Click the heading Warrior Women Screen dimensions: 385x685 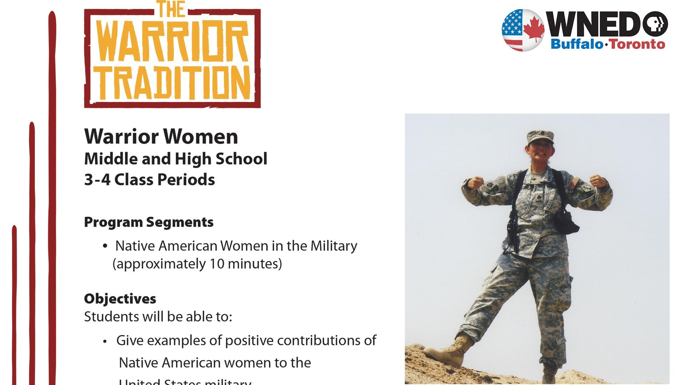click(161, 137)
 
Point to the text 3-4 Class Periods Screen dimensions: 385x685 click(149, 180)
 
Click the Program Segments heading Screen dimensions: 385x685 click(149, 222)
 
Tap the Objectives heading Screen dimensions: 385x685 click(120, 299)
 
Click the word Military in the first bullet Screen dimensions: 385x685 click(334, 246)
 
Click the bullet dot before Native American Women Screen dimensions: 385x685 click(105, 246)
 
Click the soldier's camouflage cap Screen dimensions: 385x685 click(540, 136)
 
